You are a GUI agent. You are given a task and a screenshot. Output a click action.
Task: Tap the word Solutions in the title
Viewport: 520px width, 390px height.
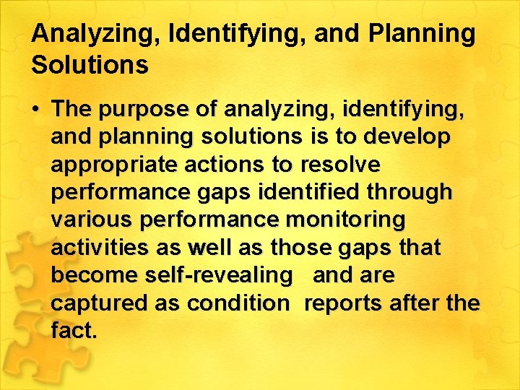pos(90,65)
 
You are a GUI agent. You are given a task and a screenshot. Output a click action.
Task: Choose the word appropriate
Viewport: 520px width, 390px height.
pos(114,165)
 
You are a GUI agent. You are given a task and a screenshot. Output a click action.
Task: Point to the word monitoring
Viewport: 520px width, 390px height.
pos(346,220)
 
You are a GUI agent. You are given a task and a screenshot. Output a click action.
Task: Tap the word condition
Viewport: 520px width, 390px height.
pos(238,303)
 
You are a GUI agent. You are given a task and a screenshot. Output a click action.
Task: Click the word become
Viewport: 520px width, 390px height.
pos(93,275)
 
